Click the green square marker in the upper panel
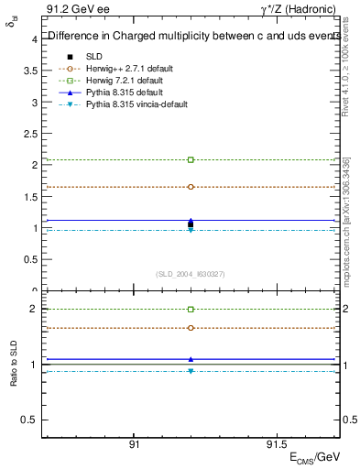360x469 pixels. (191, 159)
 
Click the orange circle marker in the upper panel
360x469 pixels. (191, 186)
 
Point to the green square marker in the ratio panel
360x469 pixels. (191, 310)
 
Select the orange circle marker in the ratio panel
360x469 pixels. (191, 327)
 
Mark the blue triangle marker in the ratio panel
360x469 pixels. (191, 359)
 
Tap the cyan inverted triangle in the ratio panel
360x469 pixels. (191, 371)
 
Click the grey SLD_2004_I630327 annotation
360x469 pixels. (191, 273)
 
